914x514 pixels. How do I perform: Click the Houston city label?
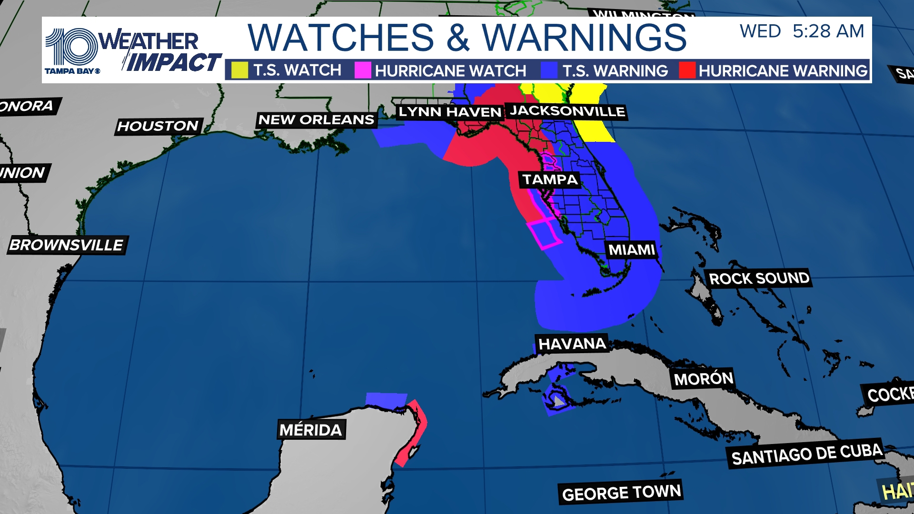158,126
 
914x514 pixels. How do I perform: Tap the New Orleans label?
316,119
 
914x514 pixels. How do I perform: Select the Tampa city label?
550,179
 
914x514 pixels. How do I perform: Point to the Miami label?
632,249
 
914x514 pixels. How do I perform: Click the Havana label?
572,344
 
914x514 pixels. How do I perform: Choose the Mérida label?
311,430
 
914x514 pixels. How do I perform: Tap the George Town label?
621,493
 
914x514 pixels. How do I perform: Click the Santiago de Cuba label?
806,454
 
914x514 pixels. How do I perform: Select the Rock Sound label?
759,278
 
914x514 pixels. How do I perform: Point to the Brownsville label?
67,245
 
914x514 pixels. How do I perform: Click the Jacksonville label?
567,111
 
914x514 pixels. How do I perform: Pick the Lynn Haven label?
450,112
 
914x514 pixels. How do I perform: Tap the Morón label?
704,379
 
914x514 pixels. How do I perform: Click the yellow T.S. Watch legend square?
239,70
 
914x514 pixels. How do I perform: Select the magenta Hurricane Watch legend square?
362,70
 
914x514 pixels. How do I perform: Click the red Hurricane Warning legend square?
687,70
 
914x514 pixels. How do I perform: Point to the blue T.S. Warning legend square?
549,70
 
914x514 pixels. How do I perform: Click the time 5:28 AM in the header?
828,31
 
